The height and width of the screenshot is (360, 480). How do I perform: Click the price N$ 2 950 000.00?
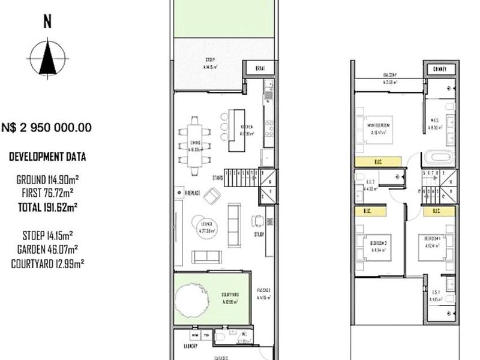[x=47, y=127]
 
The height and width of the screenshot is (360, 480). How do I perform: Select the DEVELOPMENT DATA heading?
[x=47, y=157]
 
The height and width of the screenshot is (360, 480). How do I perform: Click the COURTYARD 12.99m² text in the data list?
[x=47, y=263]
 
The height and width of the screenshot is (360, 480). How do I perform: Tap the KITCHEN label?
[x=247, y=127]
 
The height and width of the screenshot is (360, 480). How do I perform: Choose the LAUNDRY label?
[x=191, y=346]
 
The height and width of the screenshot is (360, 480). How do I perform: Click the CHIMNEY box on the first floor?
[x=439, y=69]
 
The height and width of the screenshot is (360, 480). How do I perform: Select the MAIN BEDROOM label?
[x=379, y=125]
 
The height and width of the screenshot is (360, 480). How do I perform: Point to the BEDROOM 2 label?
[x=379, y=242]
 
